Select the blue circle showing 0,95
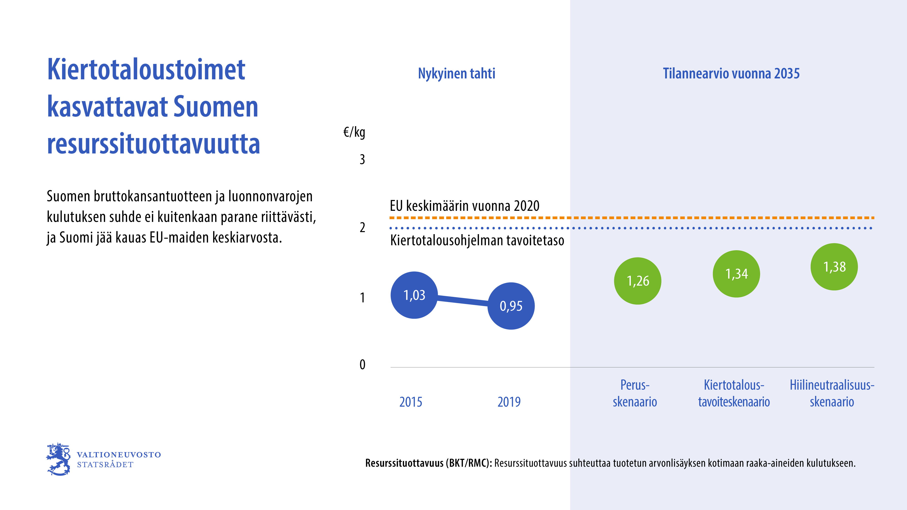(x=511, y=306)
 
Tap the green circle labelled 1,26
(x=638, y=281)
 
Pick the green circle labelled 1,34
(x=736, y=274)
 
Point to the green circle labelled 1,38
(x=834, y=267)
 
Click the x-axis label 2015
(x=411, y=402)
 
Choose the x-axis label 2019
(x=509, y=402)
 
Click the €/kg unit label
(x=354, y=133)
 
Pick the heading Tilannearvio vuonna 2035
(x=731, y=74)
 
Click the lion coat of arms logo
(x=59, y=459)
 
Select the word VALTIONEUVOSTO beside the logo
(x=119, y=455)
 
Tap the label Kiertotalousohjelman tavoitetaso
(x=477, y=241)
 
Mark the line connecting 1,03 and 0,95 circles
(x=462, y=300)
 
